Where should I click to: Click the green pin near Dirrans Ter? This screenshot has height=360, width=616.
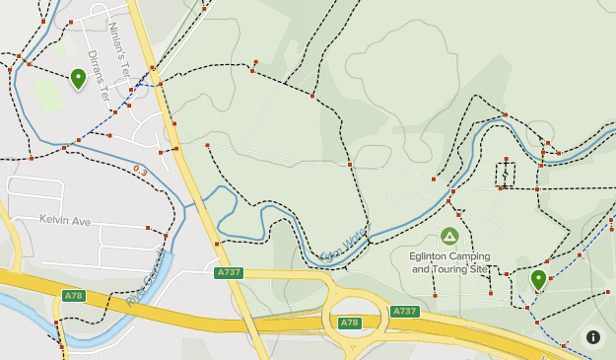[x=78, y=78]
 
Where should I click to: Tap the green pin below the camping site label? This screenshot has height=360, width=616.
[x=538, y=279]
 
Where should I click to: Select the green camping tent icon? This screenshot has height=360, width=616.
[x=449, y=236]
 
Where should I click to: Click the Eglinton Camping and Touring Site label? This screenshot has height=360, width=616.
[x=449, y=261]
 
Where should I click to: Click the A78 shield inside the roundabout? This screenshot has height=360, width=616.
[x=350, y=323]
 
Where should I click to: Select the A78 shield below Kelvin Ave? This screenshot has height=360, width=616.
[x=73, y=295]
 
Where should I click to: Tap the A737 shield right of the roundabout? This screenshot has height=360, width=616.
[x=404, y=311]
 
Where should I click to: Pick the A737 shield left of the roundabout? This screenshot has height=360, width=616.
[x=229, y=272]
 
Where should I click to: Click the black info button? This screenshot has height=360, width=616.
[x=593, y=337]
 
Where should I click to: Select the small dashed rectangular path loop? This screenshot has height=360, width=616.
[x=506, y=173]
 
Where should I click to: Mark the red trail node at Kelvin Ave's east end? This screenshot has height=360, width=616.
[x=148, y=228]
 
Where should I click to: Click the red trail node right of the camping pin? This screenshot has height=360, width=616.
[x=550, y=278]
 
